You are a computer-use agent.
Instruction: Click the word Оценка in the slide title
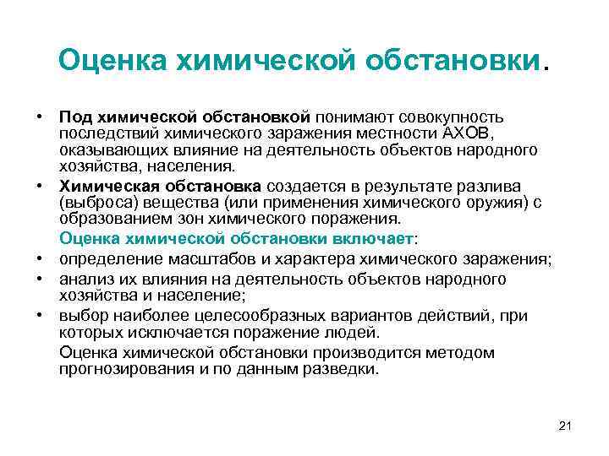pos(114,59)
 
